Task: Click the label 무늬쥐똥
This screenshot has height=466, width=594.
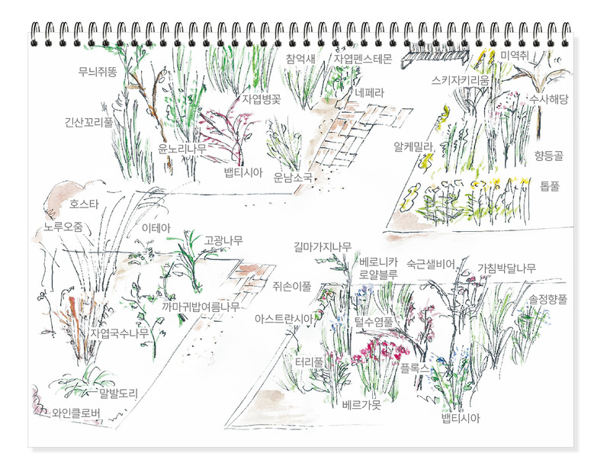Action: (98, 71)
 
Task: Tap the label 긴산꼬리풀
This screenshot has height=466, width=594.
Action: (89, 122)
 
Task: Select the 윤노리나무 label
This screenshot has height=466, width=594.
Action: (182, 149)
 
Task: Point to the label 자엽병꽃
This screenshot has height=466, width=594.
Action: (262, 99)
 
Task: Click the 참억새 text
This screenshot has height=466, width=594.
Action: (300, 59)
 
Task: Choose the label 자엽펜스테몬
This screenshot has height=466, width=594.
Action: (362, 59)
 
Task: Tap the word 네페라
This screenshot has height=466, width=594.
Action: (369, 93)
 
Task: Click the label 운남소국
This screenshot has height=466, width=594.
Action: (294, 177)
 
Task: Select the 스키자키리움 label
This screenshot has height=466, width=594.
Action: (461, 80)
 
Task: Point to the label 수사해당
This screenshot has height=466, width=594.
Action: (549, 99)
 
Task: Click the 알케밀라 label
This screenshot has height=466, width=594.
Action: (413, 147)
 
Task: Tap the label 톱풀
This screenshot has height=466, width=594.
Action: (550, 186)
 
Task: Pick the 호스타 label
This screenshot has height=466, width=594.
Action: (84, 204)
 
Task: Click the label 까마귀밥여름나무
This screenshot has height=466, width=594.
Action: (201, 307)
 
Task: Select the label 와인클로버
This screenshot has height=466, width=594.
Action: (76, 413)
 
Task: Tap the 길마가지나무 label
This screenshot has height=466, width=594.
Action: (323, 247)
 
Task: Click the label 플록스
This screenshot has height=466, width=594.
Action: (415, 368)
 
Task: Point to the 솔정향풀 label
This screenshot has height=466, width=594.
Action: (548, 299)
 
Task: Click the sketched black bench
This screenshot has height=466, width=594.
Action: (435, 58)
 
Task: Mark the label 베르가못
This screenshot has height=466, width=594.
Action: (361, 405)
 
